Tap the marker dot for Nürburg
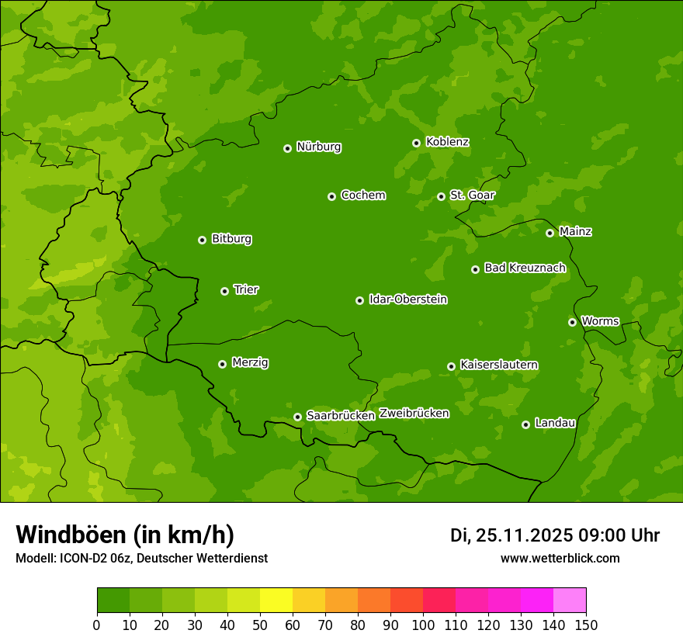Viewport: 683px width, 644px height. [287, 148]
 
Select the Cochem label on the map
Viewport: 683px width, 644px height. [362, 196]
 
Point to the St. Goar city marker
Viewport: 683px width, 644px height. [441, 196]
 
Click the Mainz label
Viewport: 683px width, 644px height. [575, 232]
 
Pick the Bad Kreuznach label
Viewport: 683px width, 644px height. [525, 268]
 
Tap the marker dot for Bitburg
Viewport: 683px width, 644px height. [202, 240]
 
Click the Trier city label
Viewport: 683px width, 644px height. [246, 290]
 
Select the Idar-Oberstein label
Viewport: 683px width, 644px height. [407, 299]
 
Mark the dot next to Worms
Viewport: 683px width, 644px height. [572, 322]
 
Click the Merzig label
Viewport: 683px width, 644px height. [250, 362]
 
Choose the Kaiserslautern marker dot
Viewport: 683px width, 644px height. [451, 366]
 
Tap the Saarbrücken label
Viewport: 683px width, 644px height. [340, 416]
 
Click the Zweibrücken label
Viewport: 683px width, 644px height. [414, 414]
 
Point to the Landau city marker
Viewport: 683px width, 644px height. [525, 424]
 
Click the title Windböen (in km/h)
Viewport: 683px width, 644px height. [125, 535]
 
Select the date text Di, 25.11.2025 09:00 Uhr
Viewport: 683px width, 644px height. [554, 535]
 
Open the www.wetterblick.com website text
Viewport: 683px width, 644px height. [560, 558]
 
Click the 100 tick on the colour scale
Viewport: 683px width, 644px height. [423, 625]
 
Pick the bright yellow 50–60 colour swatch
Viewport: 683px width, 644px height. [276, 601]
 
